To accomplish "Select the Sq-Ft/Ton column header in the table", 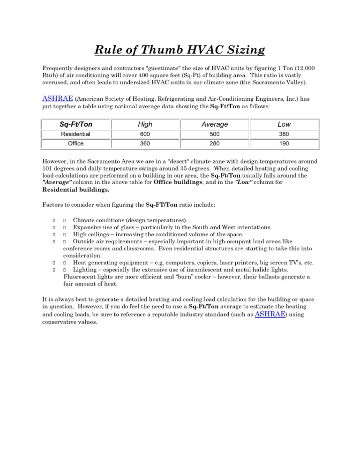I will click(x=76, y=124).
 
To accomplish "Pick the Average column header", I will click(x=214, y=124).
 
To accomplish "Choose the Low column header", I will click(x=284, y=124).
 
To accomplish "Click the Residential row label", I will click(x=76, y=134).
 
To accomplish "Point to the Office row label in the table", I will click(x=76, y=144).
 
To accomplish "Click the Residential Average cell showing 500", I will click(x=214, y=134).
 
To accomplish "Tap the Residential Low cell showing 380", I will click(x=284, y=134).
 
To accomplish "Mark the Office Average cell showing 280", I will click(x=214, y=144).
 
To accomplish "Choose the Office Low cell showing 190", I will click(x=284, y=144).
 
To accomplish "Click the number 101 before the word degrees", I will click(x=48, y=169).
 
